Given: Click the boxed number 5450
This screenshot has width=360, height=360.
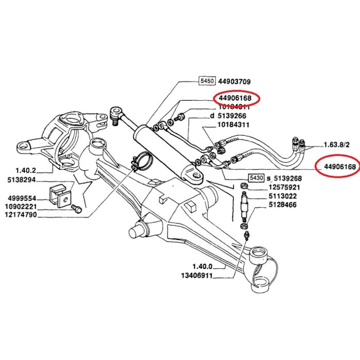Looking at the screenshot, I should pos(207,81).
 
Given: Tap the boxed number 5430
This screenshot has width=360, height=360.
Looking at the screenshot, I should pos(256,177).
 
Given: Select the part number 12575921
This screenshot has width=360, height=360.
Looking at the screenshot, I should pos(283,187).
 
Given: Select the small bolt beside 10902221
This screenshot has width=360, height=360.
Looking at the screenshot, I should pos(76,209).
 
